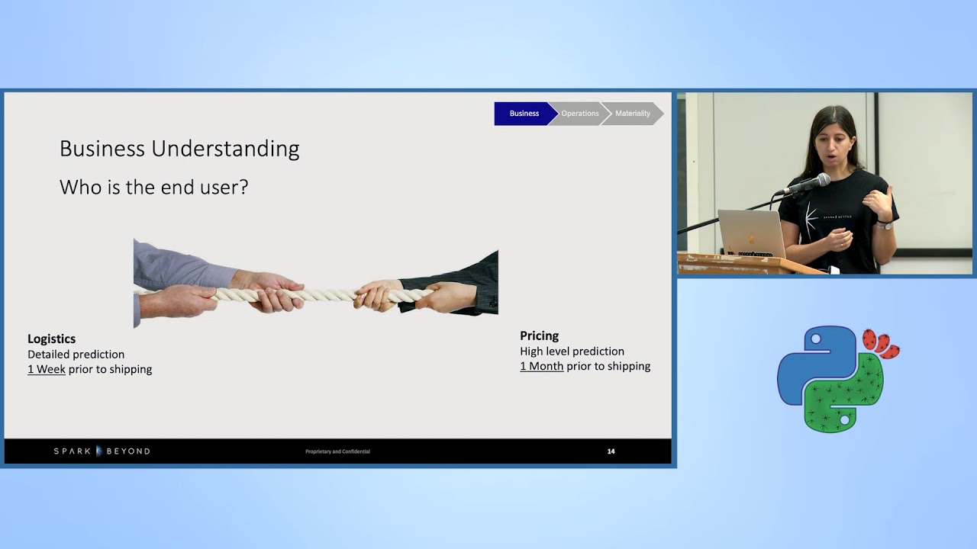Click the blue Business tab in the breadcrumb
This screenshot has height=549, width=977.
click(x=524, y=114)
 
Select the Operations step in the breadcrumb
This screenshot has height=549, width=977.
click(x=579, y=114)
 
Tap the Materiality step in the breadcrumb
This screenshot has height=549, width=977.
click(x=633, y=114)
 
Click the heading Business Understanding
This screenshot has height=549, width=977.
click(x=179, y=149)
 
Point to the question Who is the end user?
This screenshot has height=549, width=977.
click(x=153, y=187)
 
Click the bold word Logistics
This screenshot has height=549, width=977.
click(x=51, y=339)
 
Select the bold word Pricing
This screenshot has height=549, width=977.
click(x=539, y=335)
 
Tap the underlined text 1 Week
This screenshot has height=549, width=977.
click(x=47, y=369)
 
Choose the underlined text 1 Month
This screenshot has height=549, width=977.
click(x=541, y=366)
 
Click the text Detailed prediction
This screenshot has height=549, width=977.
click(x=76, y=354)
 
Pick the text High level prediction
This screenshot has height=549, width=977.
click(x=572, y=351)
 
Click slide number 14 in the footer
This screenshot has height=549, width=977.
click(x=611, y=451)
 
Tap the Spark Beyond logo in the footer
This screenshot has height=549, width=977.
click(x=102, y=451)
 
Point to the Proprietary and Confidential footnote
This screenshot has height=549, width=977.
click(x=337, y=451)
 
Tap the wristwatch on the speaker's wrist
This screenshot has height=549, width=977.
click(x=884, y=225)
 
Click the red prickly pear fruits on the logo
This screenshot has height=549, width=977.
click(x=880, y=342)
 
